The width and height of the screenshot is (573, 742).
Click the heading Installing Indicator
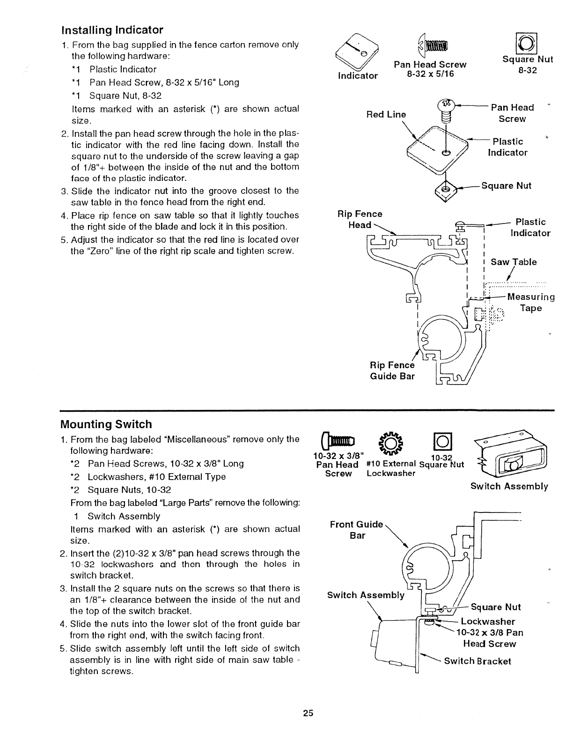(x=112, y=30)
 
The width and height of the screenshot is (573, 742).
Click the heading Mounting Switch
(x=106, y=424)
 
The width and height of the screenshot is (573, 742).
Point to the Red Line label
(x=386, y=115)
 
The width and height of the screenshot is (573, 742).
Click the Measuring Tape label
(x=531, y=302)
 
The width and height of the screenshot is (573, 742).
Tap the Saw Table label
(x=514, y=262)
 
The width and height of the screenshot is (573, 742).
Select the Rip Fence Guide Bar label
(x=392, y=371)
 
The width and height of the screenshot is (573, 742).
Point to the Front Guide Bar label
(x=357, y=529)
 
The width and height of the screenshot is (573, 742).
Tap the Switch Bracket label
(x=477, y=661)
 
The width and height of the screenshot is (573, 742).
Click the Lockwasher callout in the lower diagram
(x=488, y=622)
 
